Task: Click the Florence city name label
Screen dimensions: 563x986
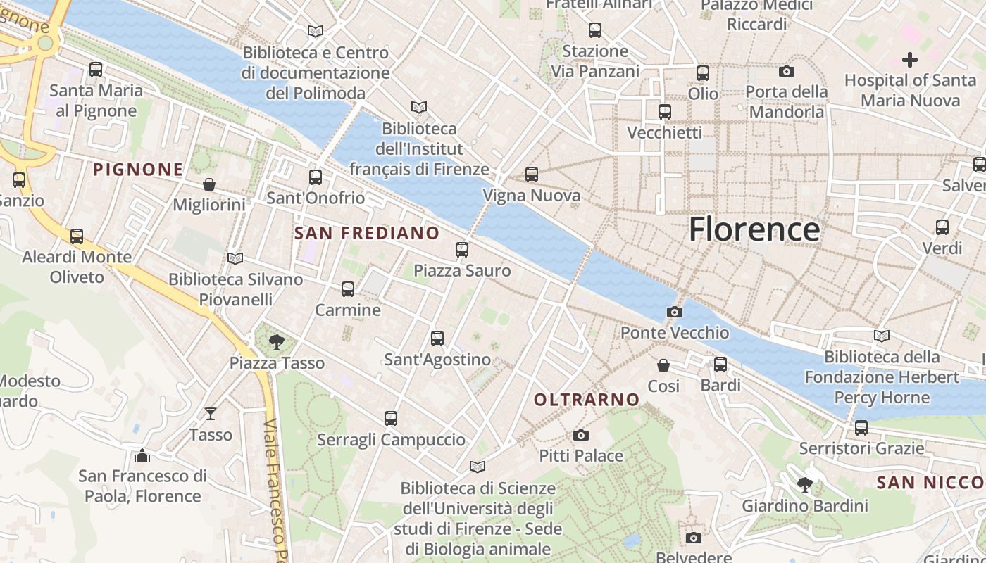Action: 754,229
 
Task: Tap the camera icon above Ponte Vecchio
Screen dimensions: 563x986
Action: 674,312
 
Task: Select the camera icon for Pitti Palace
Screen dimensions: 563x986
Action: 580,435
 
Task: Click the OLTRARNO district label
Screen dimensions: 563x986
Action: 587,400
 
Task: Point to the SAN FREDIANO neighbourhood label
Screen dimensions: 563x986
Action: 366,233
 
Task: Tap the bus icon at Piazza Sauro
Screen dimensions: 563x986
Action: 462,249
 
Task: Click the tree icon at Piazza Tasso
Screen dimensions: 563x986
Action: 277,342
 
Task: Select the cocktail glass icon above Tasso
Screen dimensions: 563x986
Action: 211,413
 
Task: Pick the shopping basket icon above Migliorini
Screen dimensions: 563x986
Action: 209,184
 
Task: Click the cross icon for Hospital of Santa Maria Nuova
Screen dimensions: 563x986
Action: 910,60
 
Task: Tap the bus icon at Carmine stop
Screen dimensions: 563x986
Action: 347,289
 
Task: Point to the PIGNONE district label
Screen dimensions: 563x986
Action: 138,170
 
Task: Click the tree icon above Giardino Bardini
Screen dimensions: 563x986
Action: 804,484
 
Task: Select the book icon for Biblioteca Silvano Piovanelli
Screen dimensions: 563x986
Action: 235,258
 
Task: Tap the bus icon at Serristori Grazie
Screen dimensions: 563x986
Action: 861,427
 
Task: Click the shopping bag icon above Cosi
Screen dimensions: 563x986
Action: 663,365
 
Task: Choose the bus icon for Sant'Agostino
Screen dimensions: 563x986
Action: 437,338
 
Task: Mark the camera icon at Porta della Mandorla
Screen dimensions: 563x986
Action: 786,71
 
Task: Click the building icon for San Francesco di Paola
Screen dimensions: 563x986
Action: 142,455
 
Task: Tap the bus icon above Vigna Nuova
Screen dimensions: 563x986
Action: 532,174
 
